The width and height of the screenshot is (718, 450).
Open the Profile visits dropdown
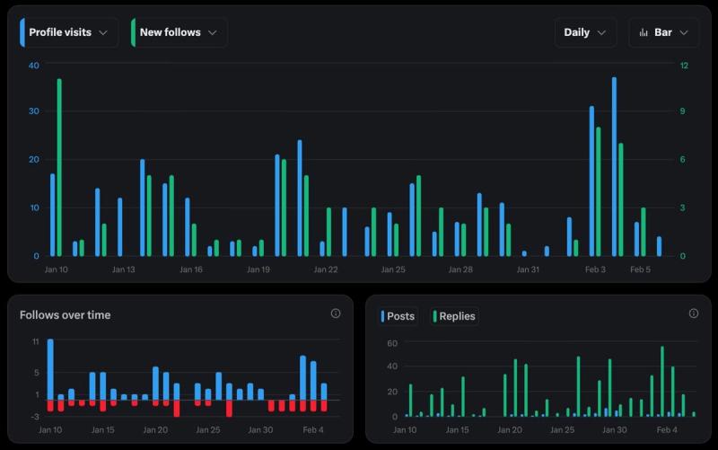pyautogui.click(x=68, y=32)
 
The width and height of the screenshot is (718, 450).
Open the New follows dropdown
pyautogui.click(x=179, y=32)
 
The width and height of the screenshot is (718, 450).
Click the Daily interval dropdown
pyautogui.click(x=585, y=32)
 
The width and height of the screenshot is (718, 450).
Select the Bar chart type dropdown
pyautogui.click(x=663, y=32)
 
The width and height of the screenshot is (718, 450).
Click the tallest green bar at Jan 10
pyautogui.click(x=59, y=167)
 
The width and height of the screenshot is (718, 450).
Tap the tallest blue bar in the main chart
pyautogui.click(x=614, y=166)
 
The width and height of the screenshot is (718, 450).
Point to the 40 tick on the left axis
pyautogui.click(x=33, y=65)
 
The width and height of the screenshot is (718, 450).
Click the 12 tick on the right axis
pyautogui.click(x=684, y=65)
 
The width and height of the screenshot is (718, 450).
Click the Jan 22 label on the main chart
pyautogui.click(x=326, y=269)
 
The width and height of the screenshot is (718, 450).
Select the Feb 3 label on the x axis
pyautogui.click(x=596, y=269)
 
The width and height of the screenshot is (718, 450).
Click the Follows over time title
pyautogui.click(x=66, y=314)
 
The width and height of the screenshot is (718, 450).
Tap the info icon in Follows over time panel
pyautogui.click(x=336, y=313)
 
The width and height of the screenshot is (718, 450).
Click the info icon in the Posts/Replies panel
pyautogui.click(x=693, y=313)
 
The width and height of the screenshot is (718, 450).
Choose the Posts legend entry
pyautogui.click(x=398, y=316)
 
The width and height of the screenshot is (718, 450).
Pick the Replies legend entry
pyautogui.click(x=455, y=316)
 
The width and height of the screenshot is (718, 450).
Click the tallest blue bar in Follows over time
pyautogui.click(x=50, y=369)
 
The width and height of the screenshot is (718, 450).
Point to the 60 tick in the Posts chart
pyautogui.click(x=391, y=343)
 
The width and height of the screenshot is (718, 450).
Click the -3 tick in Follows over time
pyautogui.click(x=33, y=416)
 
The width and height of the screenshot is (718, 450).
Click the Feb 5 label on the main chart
pyautogui.click(x=641, y=269)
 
